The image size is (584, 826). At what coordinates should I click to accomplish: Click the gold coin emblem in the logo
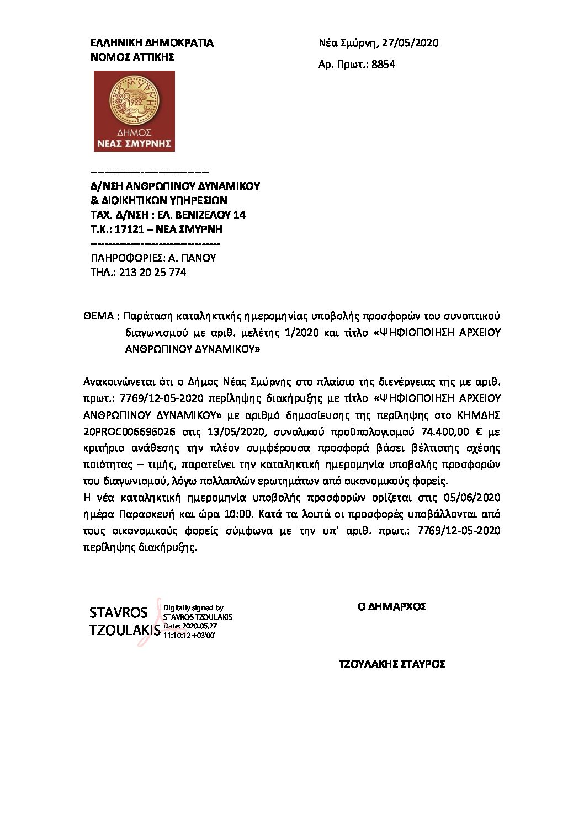pyautogui.click(x=134, y=100)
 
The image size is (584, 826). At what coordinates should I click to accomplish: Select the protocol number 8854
pyautogui.click(x=383, y=65)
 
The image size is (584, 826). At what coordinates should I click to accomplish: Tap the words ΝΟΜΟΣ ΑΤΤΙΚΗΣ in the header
pyautogui.click(x=132, y=57)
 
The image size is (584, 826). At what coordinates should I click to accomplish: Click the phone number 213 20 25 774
pyautogui.click(x=152, y=272)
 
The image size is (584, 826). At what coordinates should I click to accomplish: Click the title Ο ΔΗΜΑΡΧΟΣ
pyautogui.click(x=392, y=606)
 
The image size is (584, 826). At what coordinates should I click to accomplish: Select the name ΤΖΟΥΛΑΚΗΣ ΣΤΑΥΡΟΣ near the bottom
pyautogui.click(x=391, y=664)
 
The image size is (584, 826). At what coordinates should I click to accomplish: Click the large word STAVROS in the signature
pyautogui.click(x=118, y=612)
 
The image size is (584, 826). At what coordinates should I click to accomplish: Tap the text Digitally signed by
pyautogui.click(x=193, y=608)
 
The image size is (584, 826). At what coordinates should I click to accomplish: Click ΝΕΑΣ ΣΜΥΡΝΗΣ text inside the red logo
pyautogui.click(x=134, y=143)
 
